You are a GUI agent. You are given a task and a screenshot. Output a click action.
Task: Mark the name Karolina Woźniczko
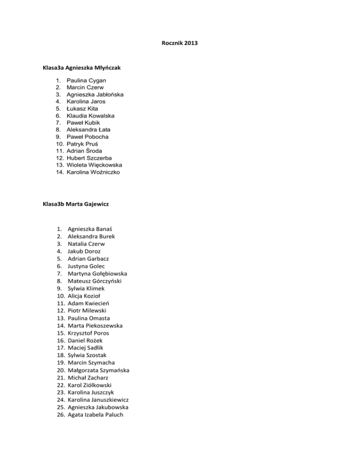pyautogui.click(x=93, y=172)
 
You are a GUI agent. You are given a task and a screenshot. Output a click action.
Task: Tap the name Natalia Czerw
pyautogui.click(x=86, y=244)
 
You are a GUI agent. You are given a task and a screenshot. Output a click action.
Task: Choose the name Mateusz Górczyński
pyautogui.click(x=97, y=281)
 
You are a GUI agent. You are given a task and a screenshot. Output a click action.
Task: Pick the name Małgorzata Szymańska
pyautogui.click(x=98, y=370)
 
